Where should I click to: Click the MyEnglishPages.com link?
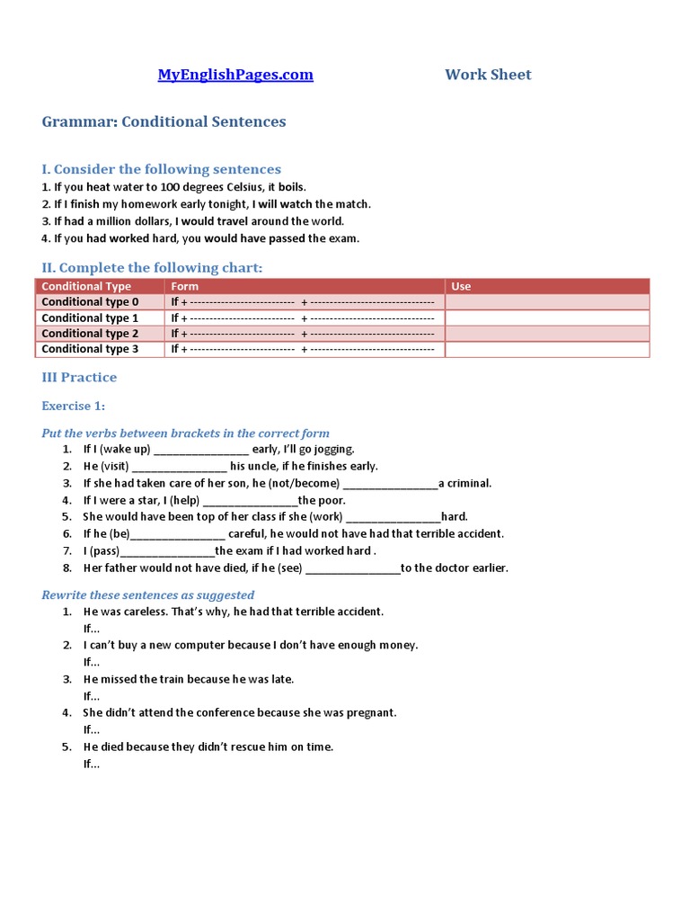(235, 75)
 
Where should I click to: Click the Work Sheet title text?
(488, 75)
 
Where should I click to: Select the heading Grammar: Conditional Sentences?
(164, 121)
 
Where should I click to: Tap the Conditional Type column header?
(86, 286)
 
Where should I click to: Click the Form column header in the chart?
(185, 286)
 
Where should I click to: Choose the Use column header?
(461, 286)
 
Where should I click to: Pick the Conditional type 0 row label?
(90, 302)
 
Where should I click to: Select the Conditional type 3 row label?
(90, 349)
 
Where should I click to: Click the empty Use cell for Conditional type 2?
(546, 334)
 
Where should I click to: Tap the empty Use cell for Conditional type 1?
(546, 317)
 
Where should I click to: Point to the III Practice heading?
(79, 377)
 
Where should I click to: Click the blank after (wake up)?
(201, 449)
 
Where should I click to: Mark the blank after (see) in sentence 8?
(353, 568)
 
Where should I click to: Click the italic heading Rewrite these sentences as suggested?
(148, 595)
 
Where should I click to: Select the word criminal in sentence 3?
(469, 483)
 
